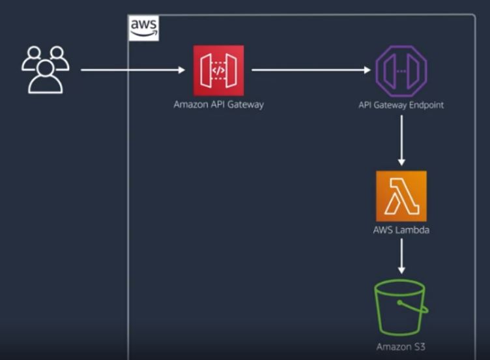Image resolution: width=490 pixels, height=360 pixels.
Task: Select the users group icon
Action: point(45,70)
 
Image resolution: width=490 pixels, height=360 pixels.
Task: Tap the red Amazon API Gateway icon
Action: point(218,70)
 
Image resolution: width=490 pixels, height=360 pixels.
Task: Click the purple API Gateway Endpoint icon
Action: point(401,70)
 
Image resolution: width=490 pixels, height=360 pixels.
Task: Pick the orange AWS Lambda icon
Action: point(401,196)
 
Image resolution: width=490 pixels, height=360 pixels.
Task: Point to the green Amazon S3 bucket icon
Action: point(401,307)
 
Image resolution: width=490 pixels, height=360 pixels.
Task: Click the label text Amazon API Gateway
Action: point(218,104)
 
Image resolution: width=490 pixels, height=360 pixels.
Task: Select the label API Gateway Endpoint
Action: point(401,104)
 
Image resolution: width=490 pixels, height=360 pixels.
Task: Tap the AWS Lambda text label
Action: point(401,230)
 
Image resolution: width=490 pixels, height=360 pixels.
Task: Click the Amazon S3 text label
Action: point(401,346)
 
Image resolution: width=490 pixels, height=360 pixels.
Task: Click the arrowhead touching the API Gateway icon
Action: point(182,69)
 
